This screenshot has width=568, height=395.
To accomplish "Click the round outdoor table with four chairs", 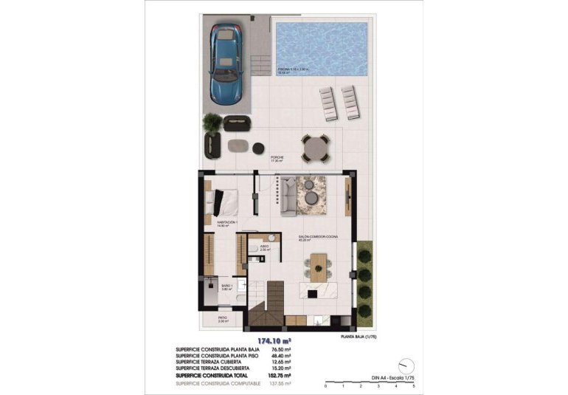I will pos(316,146).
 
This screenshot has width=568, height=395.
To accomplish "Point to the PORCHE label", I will pos(277,158).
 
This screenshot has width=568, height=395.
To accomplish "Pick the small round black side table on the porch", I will pos(258,148).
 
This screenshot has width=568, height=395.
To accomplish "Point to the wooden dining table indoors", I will pos(318,265).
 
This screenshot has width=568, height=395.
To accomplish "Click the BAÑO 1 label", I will pos(227,286).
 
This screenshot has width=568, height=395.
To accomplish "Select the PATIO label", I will pos(222,318).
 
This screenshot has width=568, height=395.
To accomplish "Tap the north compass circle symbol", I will pos(404,365).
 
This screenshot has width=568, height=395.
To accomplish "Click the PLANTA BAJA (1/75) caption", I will pos(360,336).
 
